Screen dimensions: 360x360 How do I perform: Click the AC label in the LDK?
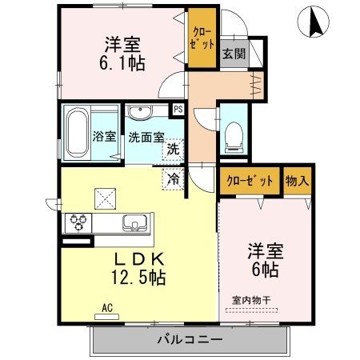click(x=107, y=305)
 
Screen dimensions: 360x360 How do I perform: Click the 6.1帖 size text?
click(x=123, y=63)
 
